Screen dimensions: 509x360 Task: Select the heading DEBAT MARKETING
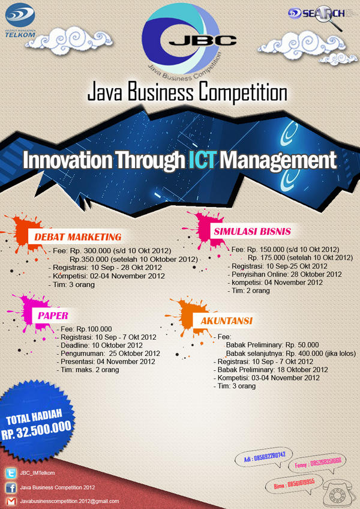pyautogui.click(x=78, y=236)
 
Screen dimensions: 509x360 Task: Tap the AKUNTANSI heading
pyautogui.click(x=226, y=321)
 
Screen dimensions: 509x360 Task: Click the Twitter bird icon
pyautogui.click(x=10, y=472)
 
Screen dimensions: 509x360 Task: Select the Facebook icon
pyautogui.click(x=10, y=487)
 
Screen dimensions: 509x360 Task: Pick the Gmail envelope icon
pyautogui.click(x=10, y=501)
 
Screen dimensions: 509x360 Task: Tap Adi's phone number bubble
pyautogui.click(x=264, y=456)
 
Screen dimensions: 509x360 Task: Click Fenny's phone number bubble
pyautogui.click(x=318, y=462)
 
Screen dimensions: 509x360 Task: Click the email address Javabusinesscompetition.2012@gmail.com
pyautogui.click(x=70, y=501)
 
